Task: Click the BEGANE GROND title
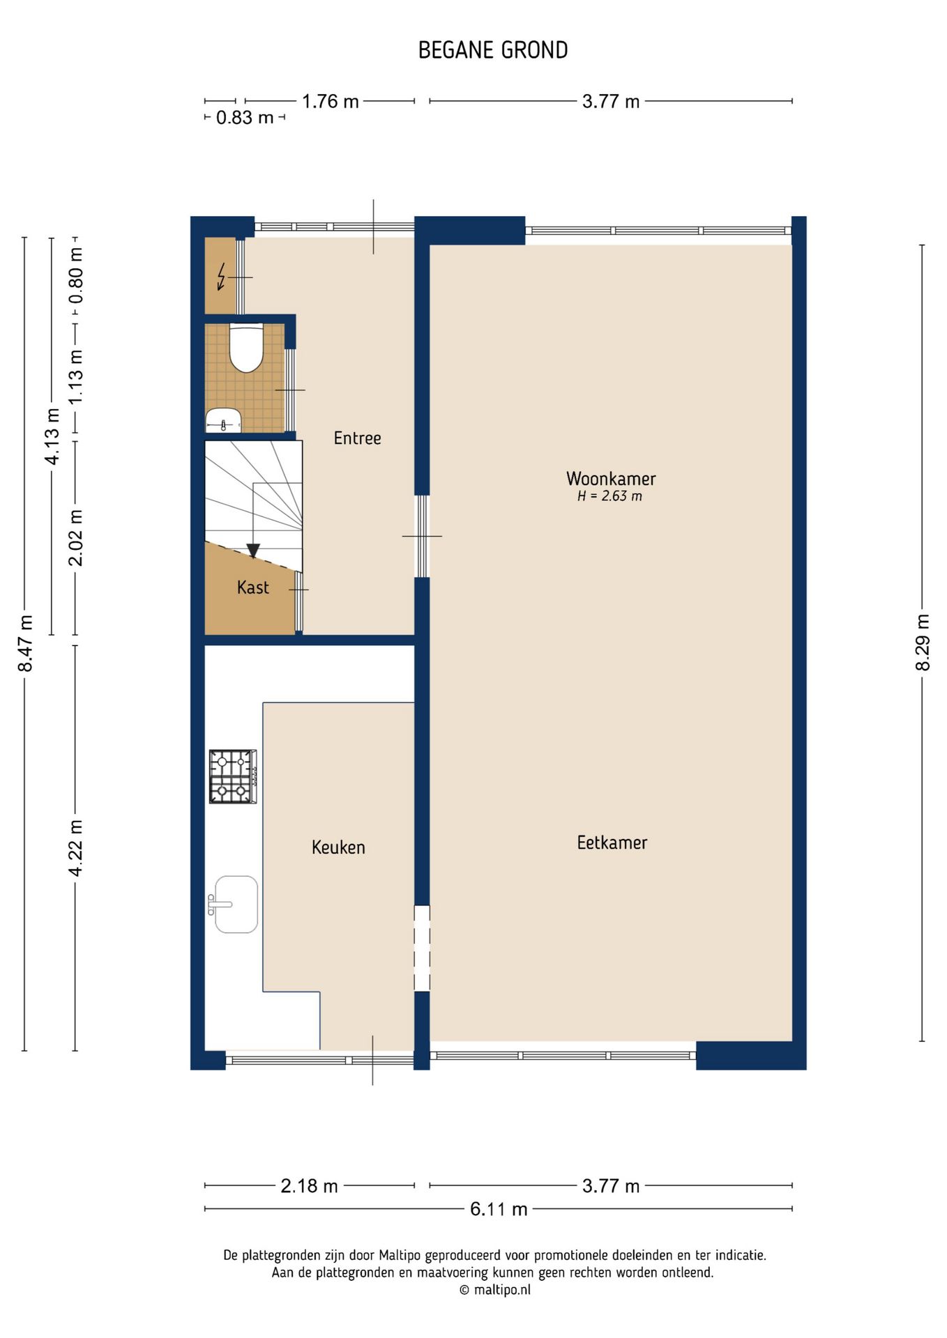pos(493,50)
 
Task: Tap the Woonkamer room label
pos(611,479)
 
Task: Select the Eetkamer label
pos(612,843)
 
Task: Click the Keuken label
pos(338,847)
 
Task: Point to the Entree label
pos(357,438)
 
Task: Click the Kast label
pos(252,587)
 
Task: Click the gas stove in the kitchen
pos(233,776)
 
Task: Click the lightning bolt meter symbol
pos(222,276)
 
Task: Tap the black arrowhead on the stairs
pos(253,551)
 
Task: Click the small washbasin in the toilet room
pos(223,421)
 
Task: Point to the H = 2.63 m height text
pos(609,496)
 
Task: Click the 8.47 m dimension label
pos(25,643)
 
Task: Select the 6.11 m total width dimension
pos(499,1209)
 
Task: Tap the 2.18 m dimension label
pos(309,1185)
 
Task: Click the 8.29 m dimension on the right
pos(923,643)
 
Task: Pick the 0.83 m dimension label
pos(245,118)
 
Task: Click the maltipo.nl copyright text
pos(495,1290)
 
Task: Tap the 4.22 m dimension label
pos(75,848)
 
